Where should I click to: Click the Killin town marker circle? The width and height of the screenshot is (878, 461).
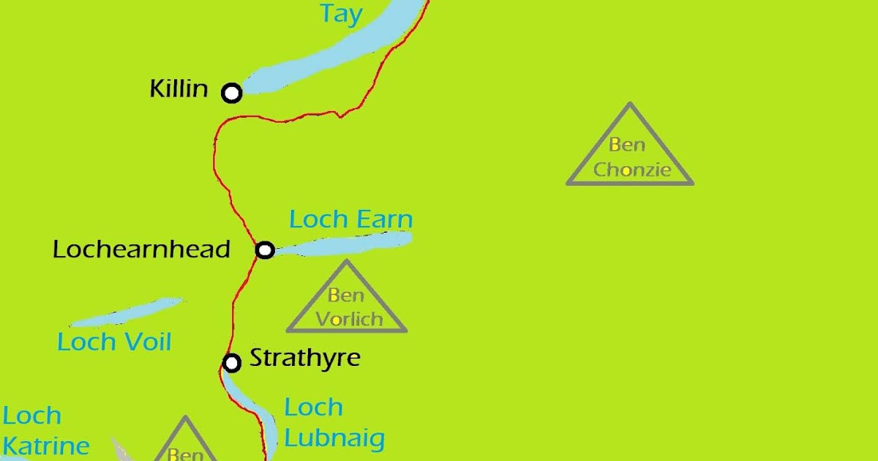(x=232, y=93)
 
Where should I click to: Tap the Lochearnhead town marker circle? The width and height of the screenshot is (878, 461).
(x=265, y=250)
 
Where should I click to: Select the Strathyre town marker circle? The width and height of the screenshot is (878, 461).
(x=232, y=362)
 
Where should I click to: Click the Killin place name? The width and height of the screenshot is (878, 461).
(x=179, y=89)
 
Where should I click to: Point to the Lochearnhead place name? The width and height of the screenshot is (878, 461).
(x=141, y=250)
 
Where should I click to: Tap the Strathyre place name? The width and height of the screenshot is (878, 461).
(x=305, y=359)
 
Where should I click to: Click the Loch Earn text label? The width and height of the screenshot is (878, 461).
(x=350, y=220)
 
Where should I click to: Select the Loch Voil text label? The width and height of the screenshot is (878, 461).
(x=114, y=342)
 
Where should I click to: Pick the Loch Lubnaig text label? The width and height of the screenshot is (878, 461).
(x=334, y=423)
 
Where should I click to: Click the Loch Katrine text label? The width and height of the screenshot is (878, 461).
(x=45, y=431)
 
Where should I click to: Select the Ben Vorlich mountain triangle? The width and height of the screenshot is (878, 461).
(x=346, y=300)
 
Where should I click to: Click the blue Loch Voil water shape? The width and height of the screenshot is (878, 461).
(x=124, y=313)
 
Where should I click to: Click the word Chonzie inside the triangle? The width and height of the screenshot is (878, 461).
(x=632, y=170)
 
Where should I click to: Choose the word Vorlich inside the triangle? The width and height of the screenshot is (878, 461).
(x=349, y=319)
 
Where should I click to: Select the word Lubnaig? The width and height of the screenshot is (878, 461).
(x=334, y=439)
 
